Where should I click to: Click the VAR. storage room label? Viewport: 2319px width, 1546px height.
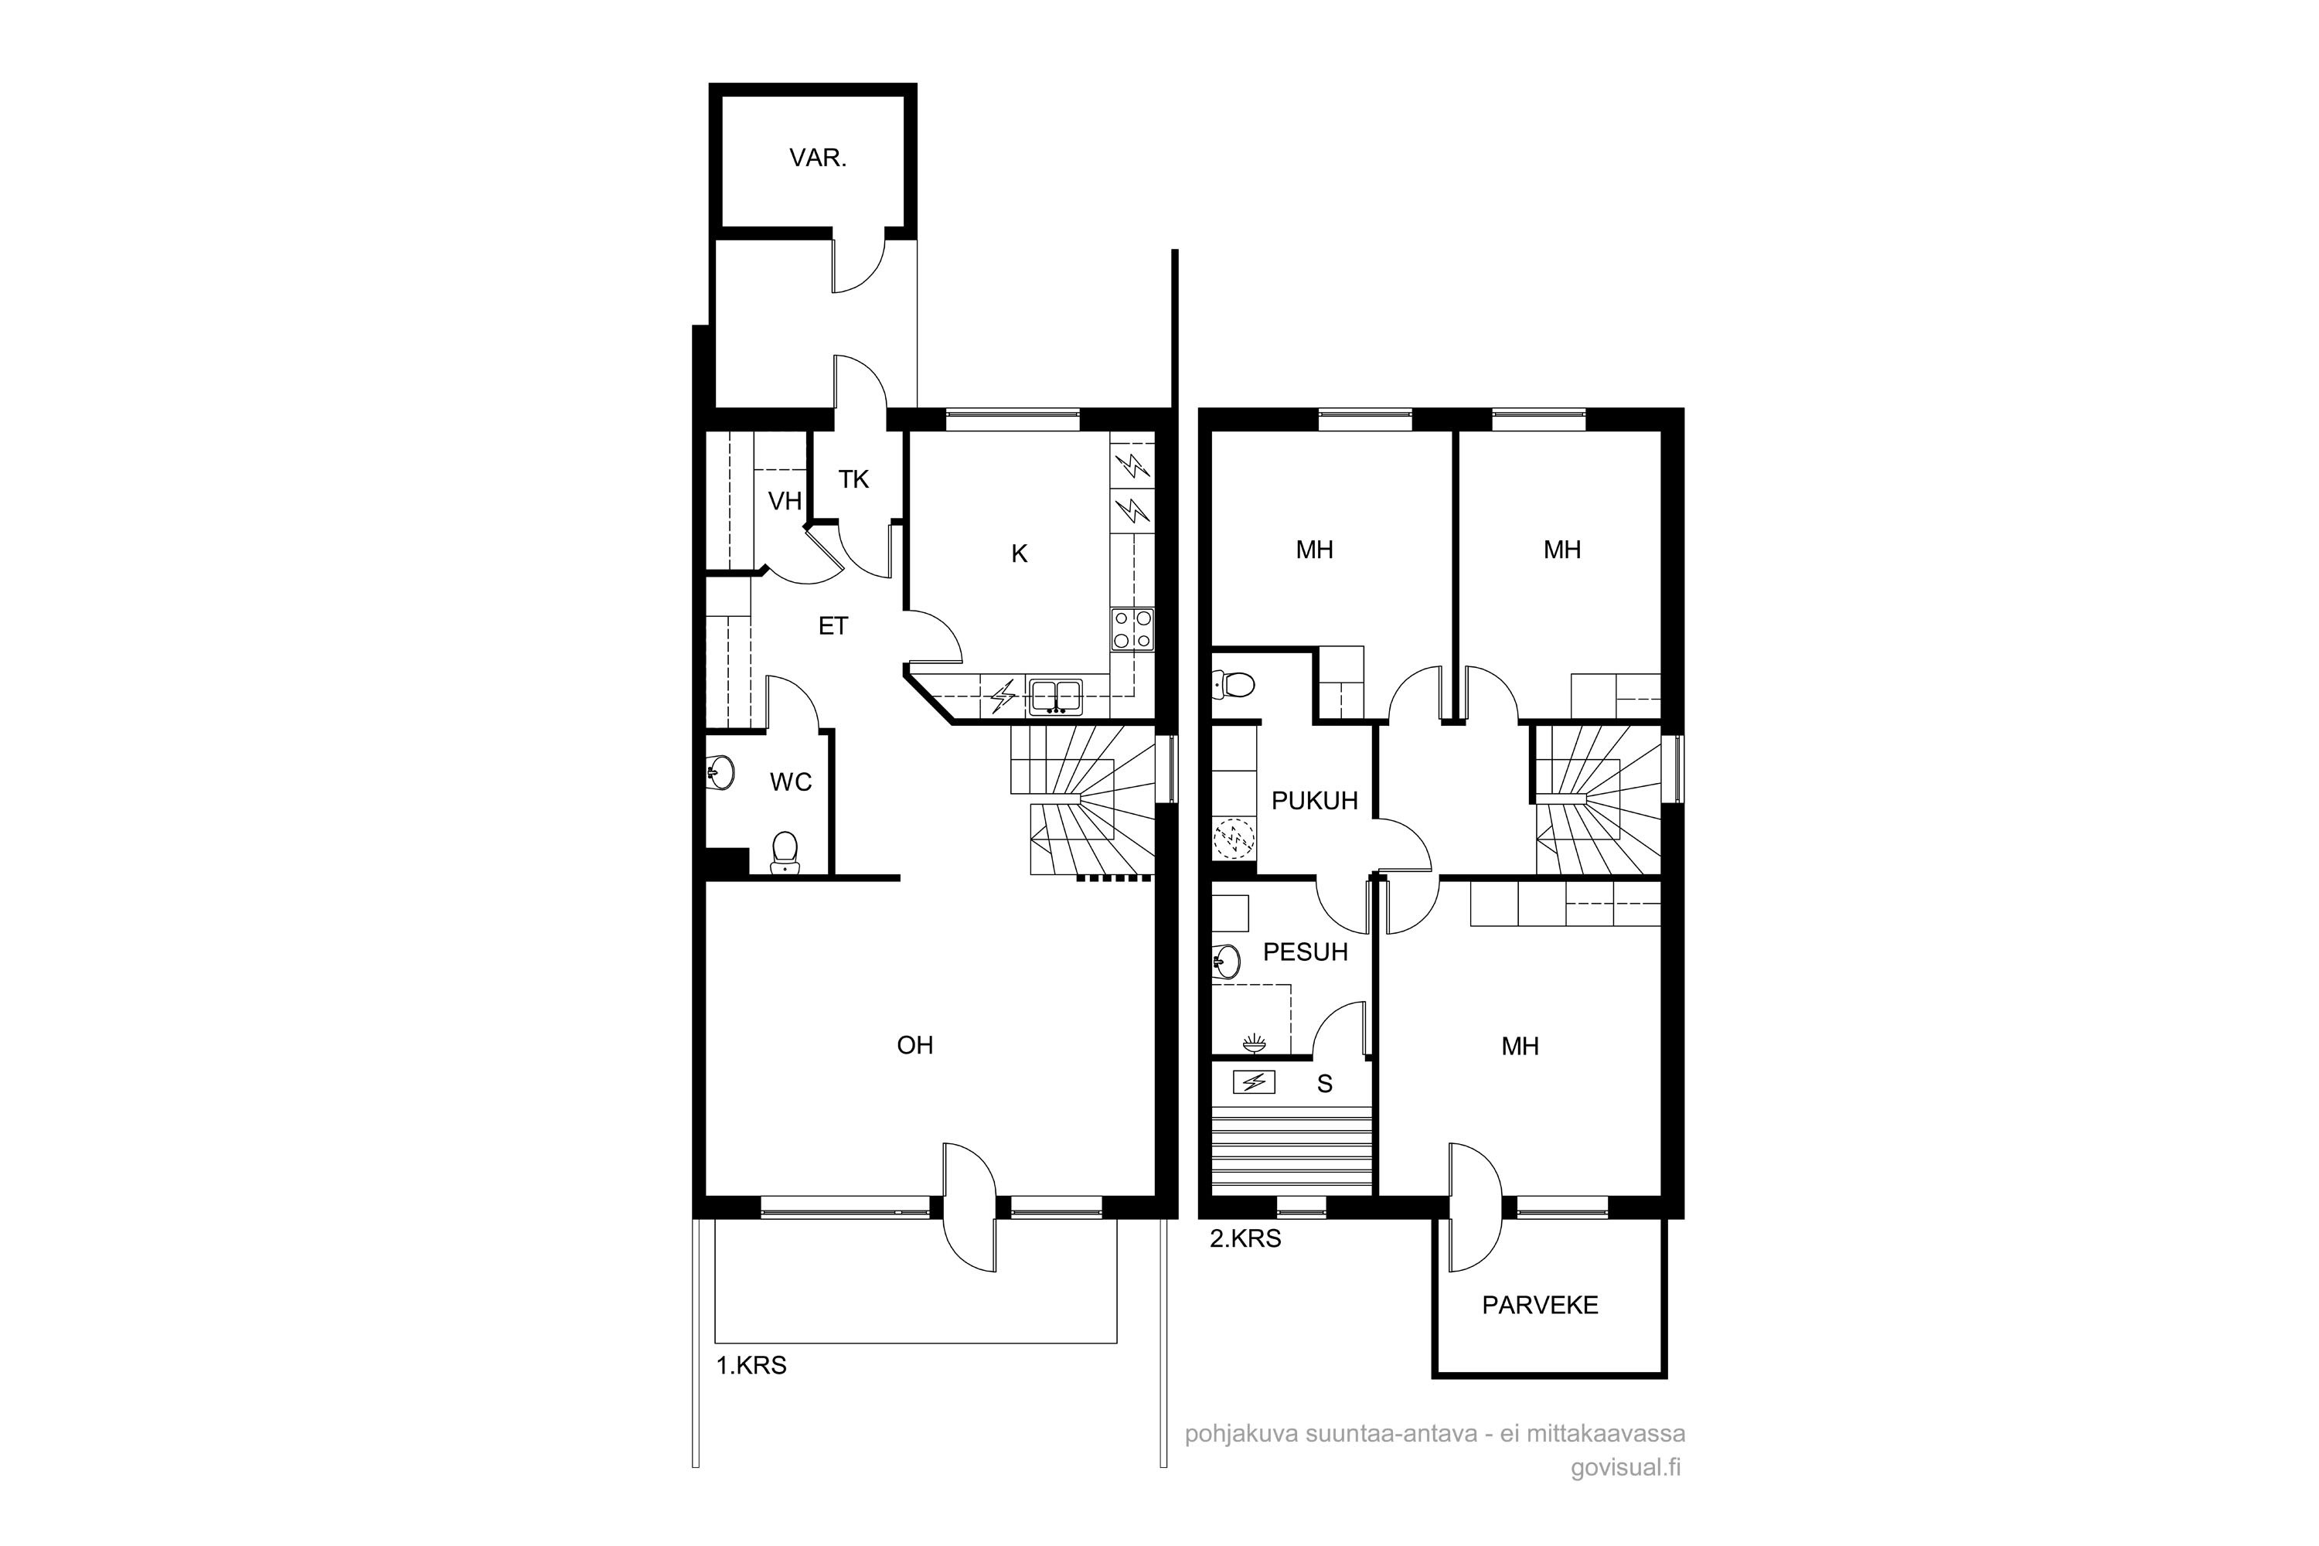tap(817, 158)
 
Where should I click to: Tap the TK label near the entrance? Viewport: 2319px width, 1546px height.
tap(854, 479)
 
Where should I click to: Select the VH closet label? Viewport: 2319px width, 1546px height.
tap(785, 501)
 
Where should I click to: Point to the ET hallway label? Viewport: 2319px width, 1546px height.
tap(833, 626)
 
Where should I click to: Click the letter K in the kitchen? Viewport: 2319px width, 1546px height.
tap(1020, 554)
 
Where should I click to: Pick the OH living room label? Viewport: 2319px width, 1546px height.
tap(915, 1045)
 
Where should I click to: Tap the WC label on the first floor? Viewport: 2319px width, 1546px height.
tap(791, 782)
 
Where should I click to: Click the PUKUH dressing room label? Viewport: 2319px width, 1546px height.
tap(1314, 801)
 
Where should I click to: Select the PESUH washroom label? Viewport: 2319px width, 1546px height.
tap(1306, 952)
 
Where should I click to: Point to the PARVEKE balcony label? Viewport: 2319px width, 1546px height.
tap(1540, 1306)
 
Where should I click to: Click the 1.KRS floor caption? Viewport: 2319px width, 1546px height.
tap(751, 1366)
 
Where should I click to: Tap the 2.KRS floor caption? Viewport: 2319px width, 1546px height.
tap(1245, 1238)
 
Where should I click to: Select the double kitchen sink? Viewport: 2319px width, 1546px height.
tap(1056, 697)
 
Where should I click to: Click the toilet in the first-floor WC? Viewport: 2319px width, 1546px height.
tap(785, 853)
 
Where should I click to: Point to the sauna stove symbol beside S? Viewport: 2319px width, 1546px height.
tap(1254, 1083)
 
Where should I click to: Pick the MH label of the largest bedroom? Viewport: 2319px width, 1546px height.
tap(1520, 1046)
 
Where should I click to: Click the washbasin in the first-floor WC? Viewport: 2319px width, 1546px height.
tap(722, 773)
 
